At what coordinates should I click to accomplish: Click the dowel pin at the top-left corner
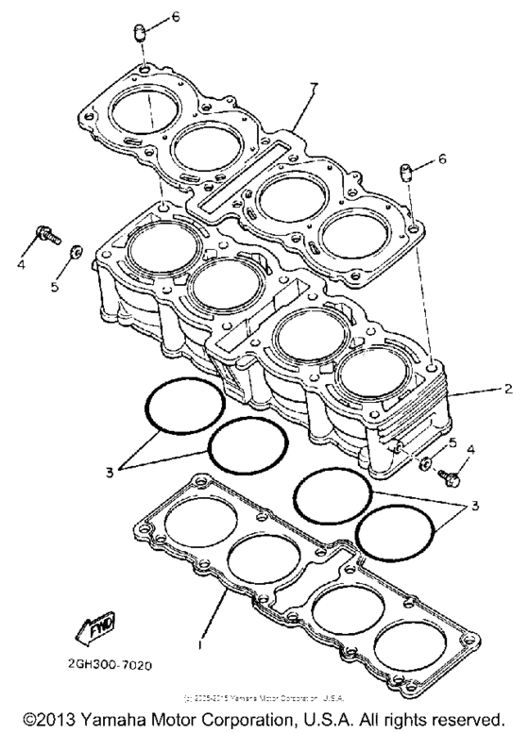[140, 34]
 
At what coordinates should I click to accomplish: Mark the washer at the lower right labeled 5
[425, 463]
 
